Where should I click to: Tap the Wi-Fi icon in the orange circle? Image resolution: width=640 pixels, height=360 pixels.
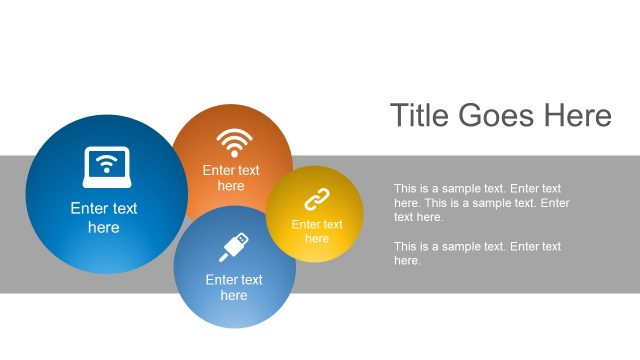(234, 142)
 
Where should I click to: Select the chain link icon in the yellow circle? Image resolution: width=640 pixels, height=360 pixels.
(317, 199)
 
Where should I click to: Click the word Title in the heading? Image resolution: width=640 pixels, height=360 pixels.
(420, 116)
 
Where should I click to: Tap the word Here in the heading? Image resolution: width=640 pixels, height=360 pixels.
(577, 116)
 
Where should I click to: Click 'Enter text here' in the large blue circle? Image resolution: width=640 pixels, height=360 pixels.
(104, 218)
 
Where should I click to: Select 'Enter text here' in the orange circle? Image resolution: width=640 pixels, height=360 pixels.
(231, 178)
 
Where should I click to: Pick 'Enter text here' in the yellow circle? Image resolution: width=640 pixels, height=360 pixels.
(317, 231)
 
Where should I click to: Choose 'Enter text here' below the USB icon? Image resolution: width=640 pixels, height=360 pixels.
(234, 287)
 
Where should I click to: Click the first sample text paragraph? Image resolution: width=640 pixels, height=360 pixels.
(481, 202)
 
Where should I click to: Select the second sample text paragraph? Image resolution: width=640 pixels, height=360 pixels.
(477, 253)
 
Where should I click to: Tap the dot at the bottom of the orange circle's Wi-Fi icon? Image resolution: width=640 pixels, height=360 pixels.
(234, 154)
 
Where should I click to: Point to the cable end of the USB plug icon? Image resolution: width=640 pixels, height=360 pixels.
(224, 257)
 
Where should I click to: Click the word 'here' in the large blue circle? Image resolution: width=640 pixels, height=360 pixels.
(104, 228)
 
